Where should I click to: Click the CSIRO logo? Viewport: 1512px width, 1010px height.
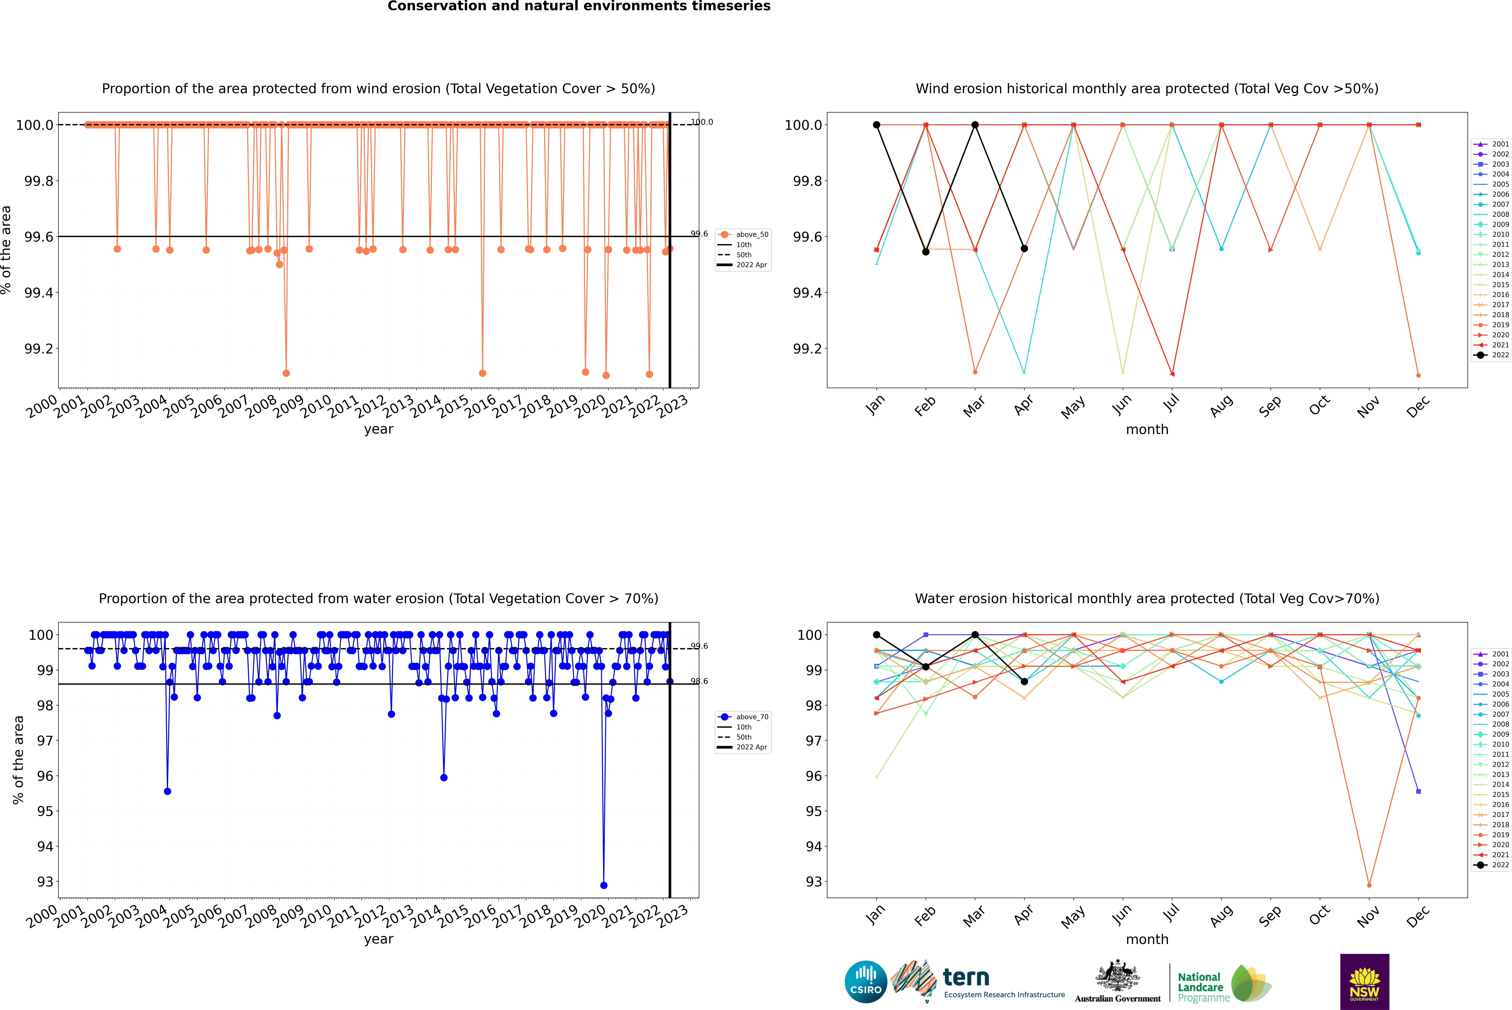(x=866, y=982)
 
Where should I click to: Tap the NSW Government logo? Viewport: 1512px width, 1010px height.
(x=1364, y=982)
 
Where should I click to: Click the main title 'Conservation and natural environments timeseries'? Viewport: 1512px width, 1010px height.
(x=579, y=6)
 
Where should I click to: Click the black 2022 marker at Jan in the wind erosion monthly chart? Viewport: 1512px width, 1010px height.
(x=877, y=125)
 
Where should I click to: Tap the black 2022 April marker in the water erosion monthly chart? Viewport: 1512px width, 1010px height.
(x=1024, y=681)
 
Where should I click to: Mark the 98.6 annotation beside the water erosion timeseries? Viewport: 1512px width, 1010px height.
(x=699, y=681)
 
